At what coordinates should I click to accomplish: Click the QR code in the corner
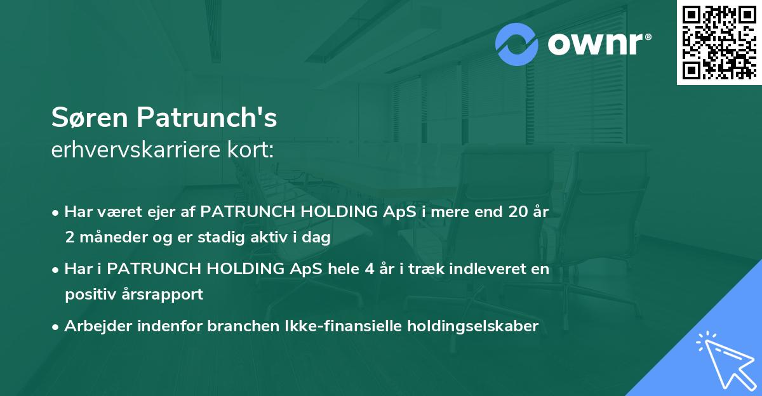[719, 43]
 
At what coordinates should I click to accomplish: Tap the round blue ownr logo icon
[517, 44]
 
